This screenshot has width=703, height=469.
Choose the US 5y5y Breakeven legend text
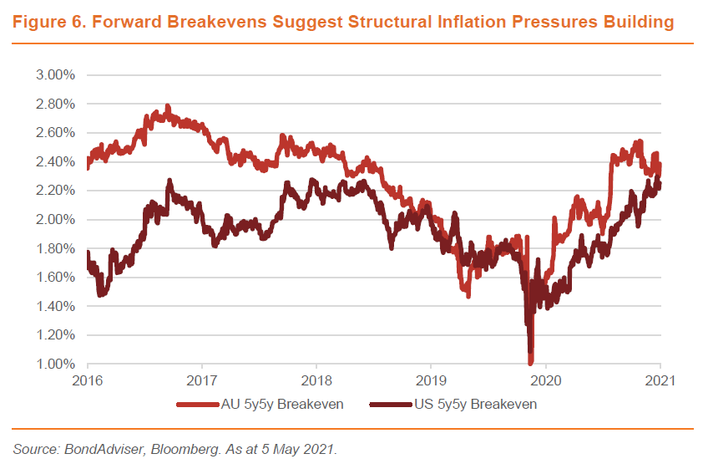click(475, 405)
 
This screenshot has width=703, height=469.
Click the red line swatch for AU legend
click(197, 405)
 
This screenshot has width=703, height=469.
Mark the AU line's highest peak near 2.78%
click(168, 107)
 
